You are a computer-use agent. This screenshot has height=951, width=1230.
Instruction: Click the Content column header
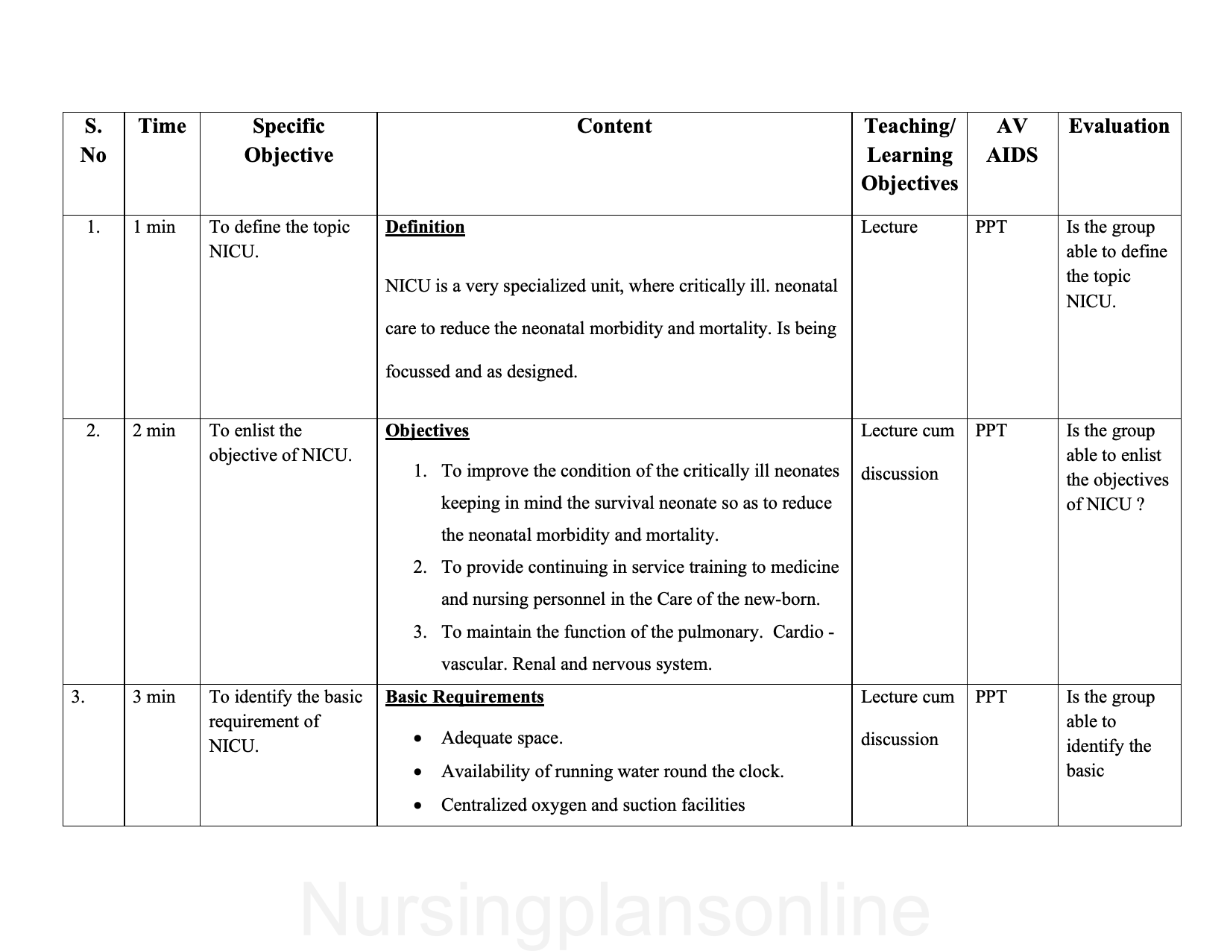[614, 126]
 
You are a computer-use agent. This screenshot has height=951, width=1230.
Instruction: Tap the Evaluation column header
[1118, 126]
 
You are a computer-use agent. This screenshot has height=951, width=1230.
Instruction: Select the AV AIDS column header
[1012, 140]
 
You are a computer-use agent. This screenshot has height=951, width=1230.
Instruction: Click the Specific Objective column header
[288, 140]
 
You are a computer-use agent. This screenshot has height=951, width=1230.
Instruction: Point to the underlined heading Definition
[425, 227]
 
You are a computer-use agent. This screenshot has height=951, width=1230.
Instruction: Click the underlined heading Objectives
[427, 430]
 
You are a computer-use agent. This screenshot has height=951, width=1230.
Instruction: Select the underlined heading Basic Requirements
[464, 697]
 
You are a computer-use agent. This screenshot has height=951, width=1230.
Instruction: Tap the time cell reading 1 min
[154, 227]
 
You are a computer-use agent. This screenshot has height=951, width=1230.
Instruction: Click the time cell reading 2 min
[154, 430]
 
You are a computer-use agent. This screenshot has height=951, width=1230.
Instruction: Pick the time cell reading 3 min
[154, 697]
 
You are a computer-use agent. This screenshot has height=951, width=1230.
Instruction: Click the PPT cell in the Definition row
[991, 227]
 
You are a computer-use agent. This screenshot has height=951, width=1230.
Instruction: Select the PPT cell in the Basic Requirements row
[991, 697]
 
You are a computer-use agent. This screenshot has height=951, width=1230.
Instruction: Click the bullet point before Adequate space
[418, 739]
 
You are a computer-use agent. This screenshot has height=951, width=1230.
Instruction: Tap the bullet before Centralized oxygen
[418, 806]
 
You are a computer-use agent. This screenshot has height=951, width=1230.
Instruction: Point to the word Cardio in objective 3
[798, 632]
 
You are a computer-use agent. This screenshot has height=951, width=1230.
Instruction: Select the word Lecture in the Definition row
[889, 227]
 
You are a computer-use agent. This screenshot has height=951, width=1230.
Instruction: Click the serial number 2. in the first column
[93, 430]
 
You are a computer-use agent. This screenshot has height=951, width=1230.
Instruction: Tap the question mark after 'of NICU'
[1140, 504]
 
